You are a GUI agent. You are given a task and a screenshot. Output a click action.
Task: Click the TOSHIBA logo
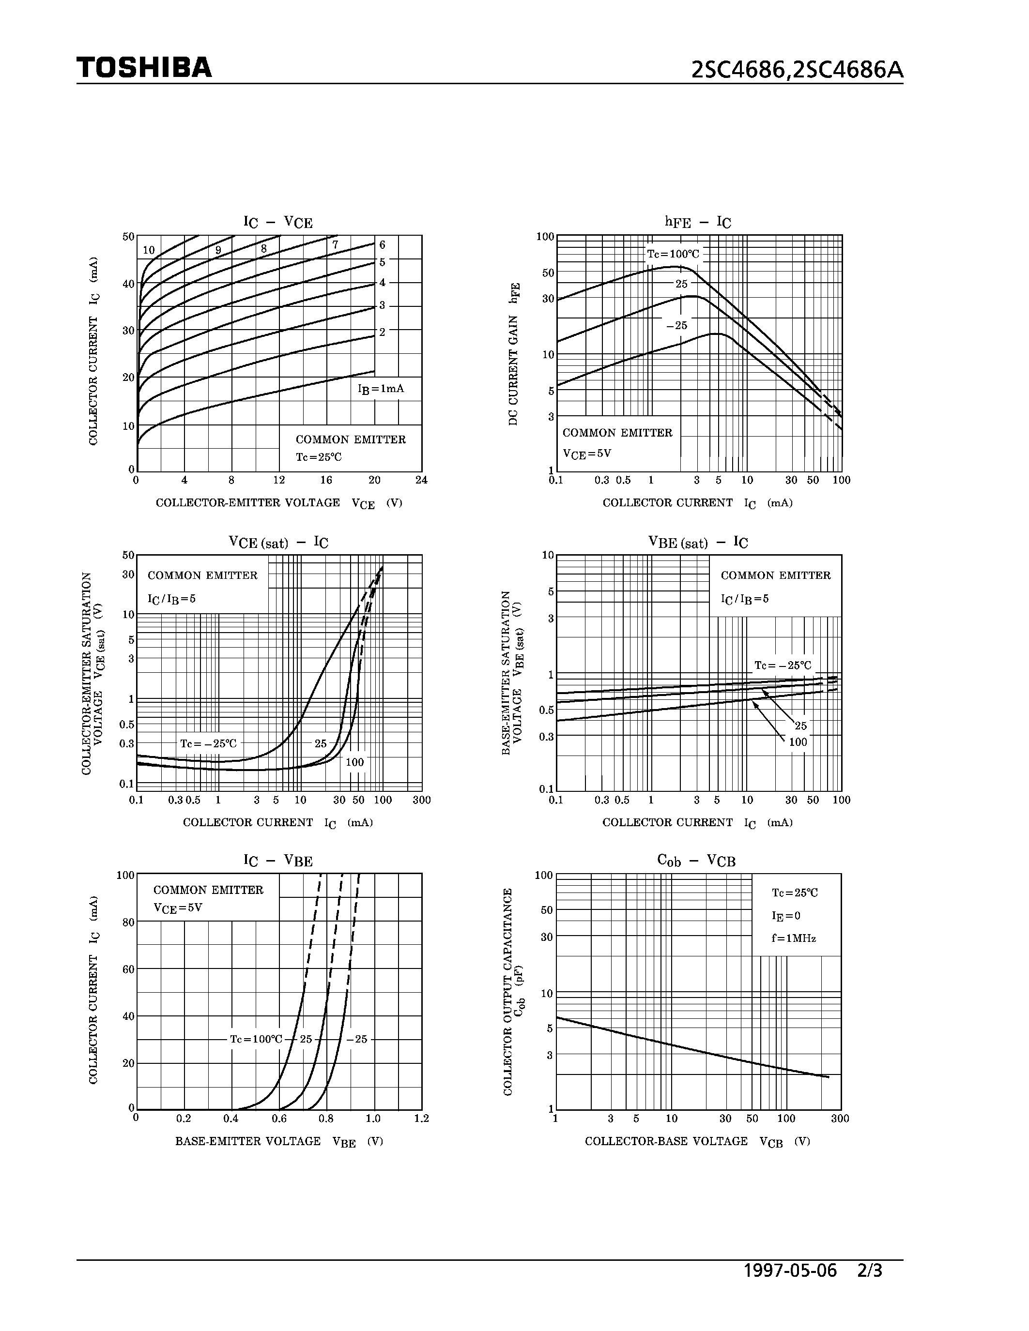coord(144,68)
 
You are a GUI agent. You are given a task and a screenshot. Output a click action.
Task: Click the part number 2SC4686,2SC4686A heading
coord(797,71)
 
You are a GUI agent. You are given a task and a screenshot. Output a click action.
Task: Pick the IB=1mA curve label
coord(381,389)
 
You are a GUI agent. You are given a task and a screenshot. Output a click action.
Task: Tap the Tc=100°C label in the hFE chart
coord(673,254)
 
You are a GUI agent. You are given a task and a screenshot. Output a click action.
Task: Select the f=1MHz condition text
coord(793,938)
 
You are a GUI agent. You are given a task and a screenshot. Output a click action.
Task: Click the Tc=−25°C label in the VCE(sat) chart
coord(208,743)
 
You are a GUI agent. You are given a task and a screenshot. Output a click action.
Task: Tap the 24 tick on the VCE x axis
coord(421,480)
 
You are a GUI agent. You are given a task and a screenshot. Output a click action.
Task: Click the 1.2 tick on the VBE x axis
coord(421,1119)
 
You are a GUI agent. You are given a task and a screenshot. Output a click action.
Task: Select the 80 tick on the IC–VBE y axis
coord(128,923)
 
